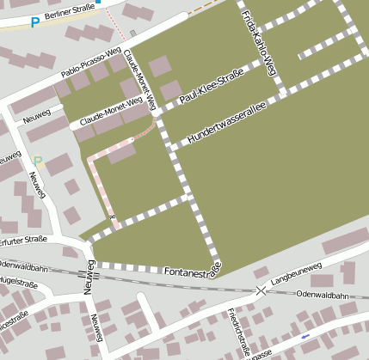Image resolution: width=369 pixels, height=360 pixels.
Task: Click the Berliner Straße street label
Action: (69, 15)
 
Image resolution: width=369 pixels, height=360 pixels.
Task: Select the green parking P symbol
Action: (37, 160)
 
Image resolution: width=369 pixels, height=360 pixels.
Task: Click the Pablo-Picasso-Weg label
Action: (92, 67)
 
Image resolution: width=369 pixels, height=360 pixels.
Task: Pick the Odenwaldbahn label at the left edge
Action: (23, 268)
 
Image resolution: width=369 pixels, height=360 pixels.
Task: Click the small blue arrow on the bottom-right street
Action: (305, 336)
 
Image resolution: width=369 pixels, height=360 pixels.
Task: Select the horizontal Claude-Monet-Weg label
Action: (110, 113)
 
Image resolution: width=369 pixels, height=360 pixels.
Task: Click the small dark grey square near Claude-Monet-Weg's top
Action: (132, 34)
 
